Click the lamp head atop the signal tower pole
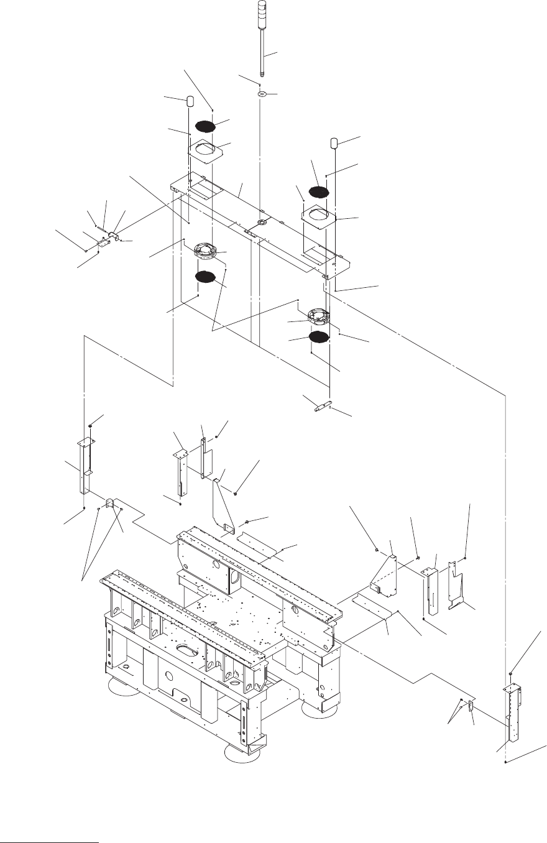(262, 11)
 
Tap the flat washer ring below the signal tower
(262, 94)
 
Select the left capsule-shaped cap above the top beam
(190, 101)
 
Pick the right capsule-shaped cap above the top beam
(334, 143)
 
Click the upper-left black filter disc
(206, 126)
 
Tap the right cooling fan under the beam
(318, 316)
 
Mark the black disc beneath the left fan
(205, 277)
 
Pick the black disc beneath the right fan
(318, 337)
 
